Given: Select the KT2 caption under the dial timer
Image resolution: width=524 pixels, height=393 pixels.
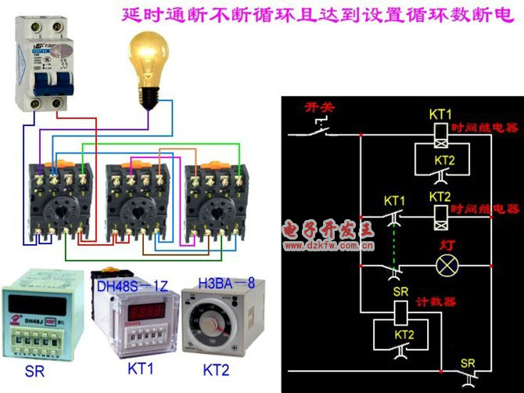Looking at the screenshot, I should tap(217, 369).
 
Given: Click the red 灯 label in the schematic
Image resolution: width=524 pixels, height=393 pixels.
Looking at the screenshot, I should tap(448, 243).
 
